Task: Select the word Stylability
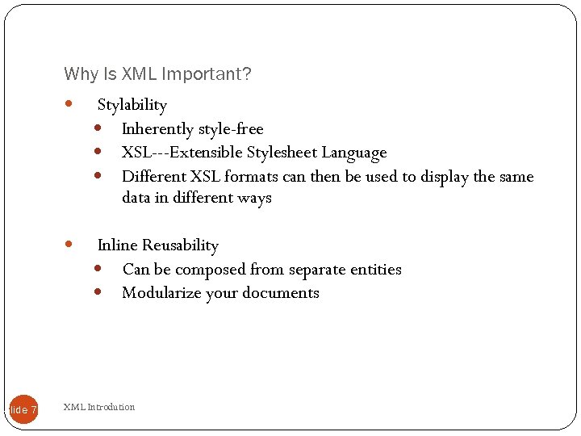(x=132, y=105)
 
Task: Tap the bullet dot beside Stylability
(x=69, y=104)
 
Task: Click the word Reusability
(x=180, y=245)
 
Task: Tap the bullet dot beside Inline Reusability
(x=69, y=244)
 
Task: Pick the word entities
(x=374, y=270)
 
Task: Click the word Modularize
(x=161, y=293)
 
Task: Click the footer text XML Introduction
(x=99, y=407)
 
